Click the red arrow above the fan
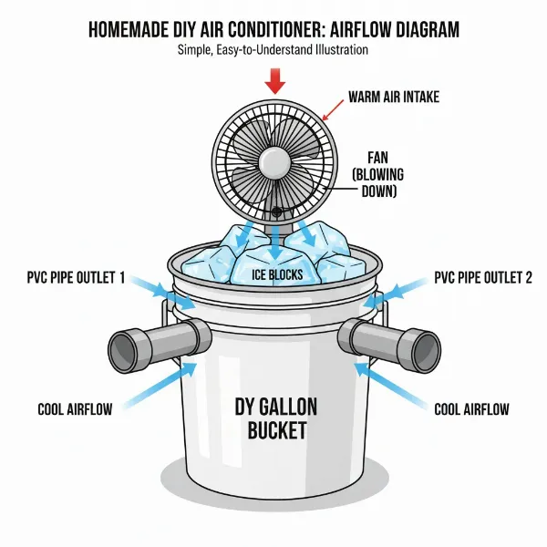(273, 82)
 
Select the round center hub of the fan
(273, 165)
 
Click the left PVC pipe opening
(123, 345)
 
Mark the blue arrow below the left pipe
(164, 383)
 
